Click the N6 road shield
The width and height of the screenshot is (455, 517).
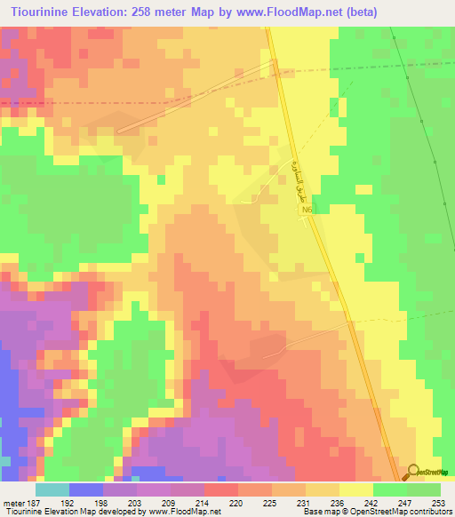(306, 211)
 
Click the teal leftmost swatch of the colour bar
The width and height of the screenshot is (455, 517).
(52, 489)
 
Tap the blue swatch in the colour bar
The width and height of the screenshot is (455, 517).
(85, 489)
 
